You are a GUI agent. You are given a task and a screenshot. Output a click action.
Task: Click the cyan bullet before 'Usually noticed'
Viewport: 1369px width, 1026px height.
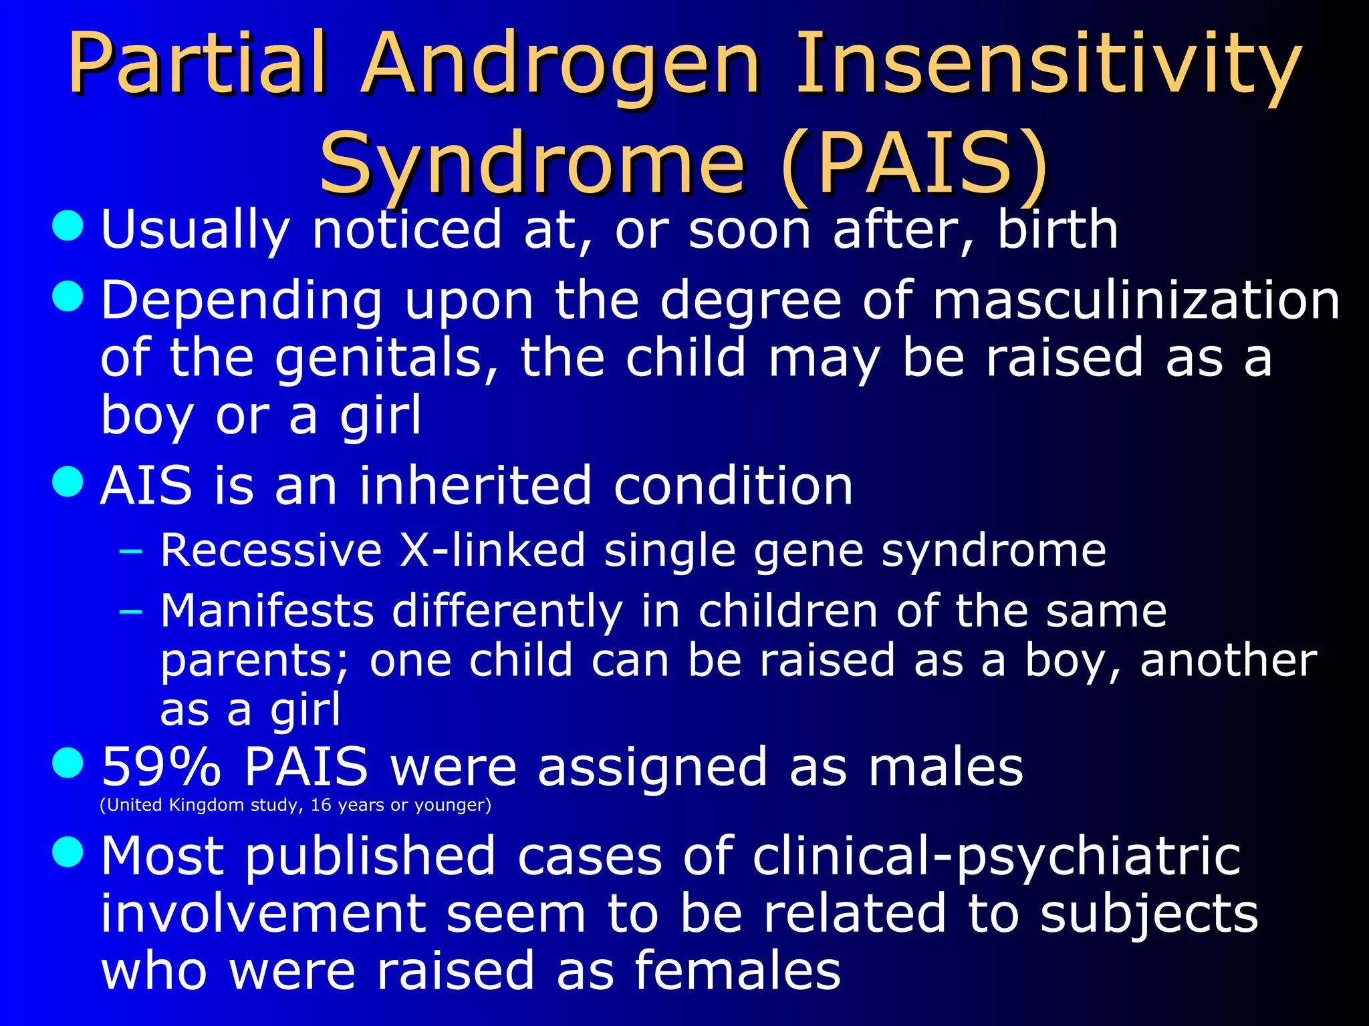(68, 226)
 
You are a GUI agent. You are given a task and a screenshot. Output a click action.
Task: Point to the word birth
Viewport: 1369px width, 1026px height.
(1057, 229)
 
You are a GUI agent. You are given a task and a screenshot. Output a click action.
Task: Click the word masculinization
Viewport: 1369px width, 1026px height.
(1136, 300)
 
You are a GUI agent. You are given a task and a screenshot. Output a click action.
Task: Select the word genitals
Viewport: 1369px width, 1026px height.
(386, 358)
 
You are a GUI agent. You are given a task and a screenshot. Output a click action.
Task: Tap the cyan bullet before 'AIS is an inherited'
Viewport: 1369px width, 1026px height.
(68, 482)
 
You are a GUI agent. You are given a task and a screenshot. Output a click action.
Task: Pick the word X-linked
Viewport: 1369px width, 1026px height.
(493, 550)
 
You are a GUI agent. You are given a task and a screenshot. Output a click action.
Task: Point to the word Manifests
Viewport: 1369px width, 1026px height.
(267, 611)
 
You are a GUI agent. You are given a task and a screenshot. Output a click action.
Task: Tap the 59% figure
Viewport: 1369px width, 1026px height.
(160, 767)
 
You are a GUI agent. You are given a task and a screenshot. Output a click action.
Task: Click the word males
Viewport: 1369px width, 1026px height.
(945, 767)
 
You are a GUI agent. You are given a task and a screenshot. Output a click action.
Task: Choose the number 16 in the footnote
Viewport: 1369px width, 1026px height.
(321, 805)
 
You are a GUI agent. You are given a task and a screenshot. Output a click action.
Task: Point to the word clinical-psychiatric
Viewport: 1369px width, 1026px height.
(996, 856)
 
